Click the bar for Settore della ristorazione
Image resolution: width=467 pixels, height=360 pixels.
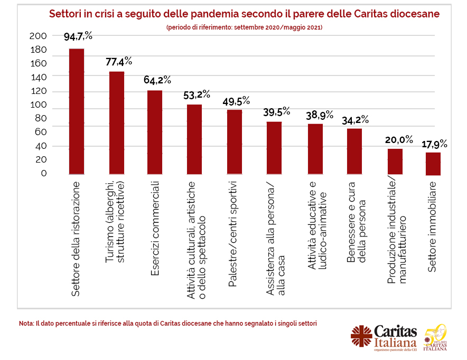[77, 111]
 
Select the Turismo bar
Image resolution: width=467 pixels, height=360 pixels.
[116, 123]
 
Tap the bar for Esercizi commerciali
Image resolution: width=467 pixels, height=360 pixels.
[155, 132]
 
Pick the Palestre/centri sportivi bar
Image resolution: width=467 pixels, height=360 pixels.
[235, 142]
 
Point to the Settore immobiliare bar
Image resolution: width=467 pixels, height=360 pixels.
[433, 164]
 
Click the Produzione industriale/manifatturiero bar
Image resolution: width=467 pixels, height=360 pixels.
[395, 162]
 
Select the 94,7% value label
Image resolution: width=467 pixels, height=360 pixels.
[78, 37]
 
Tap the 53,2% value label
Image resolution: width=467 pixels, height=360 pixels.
[197, 96]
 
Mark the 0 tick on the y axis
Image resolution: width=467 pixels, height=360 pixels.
[44, 173]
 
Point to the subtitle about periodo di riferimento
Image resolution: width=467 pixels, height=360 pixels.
[244, 26]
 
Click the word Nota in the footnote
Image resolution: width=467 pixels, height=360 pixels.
[25, 323]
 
